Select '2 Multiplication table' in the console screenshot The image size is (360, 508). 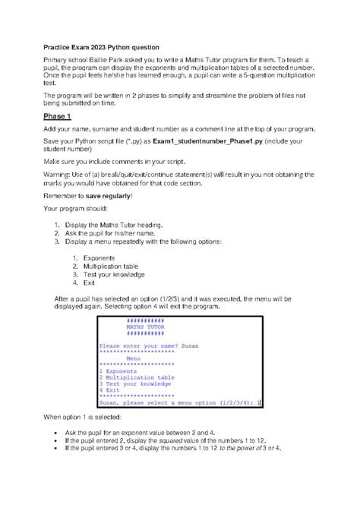coord(137,377)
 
